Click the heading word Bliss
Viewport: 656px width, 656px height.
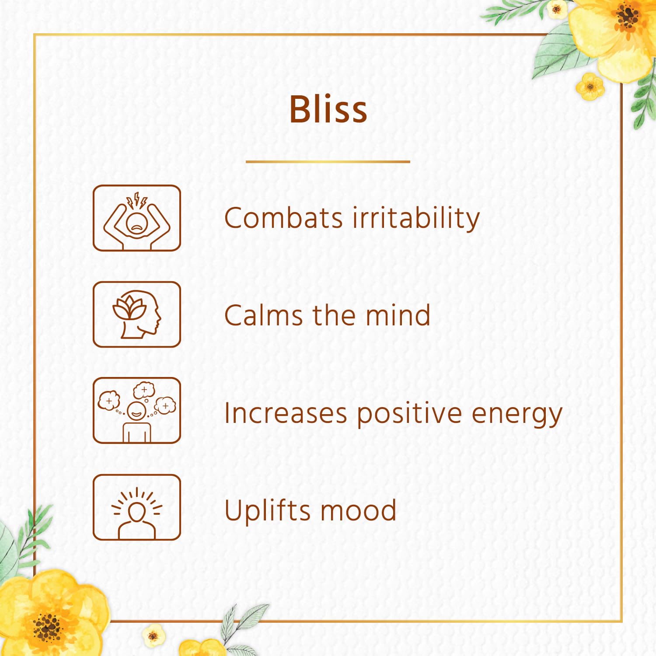[x=328, y=109]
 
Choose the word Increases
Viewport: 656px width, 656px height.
[x=286, y=413]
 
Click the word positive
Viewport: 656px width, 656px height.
[x=409, y=414]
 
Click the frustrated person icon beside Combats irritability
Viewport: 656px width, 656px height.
[x=137, y=218]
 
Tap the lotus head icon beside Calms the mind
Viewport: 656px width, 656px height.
[x=137, y=314]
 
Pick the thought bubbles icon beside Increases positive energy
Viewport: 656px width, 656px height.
[x=137, y=410]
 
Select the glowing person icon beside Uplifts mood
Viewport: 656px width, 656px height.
[x=137, y=507]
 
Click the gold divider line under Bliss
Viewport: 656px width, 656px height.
[x=328, y=162]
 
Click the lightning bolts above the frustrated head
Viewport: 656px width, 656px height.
[x=137, y=200]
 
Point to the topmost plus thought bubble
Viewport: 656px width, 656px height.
[x=144, y=390]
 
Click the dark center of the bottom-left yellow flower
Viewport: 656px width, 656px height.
[x=47, y=627]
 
